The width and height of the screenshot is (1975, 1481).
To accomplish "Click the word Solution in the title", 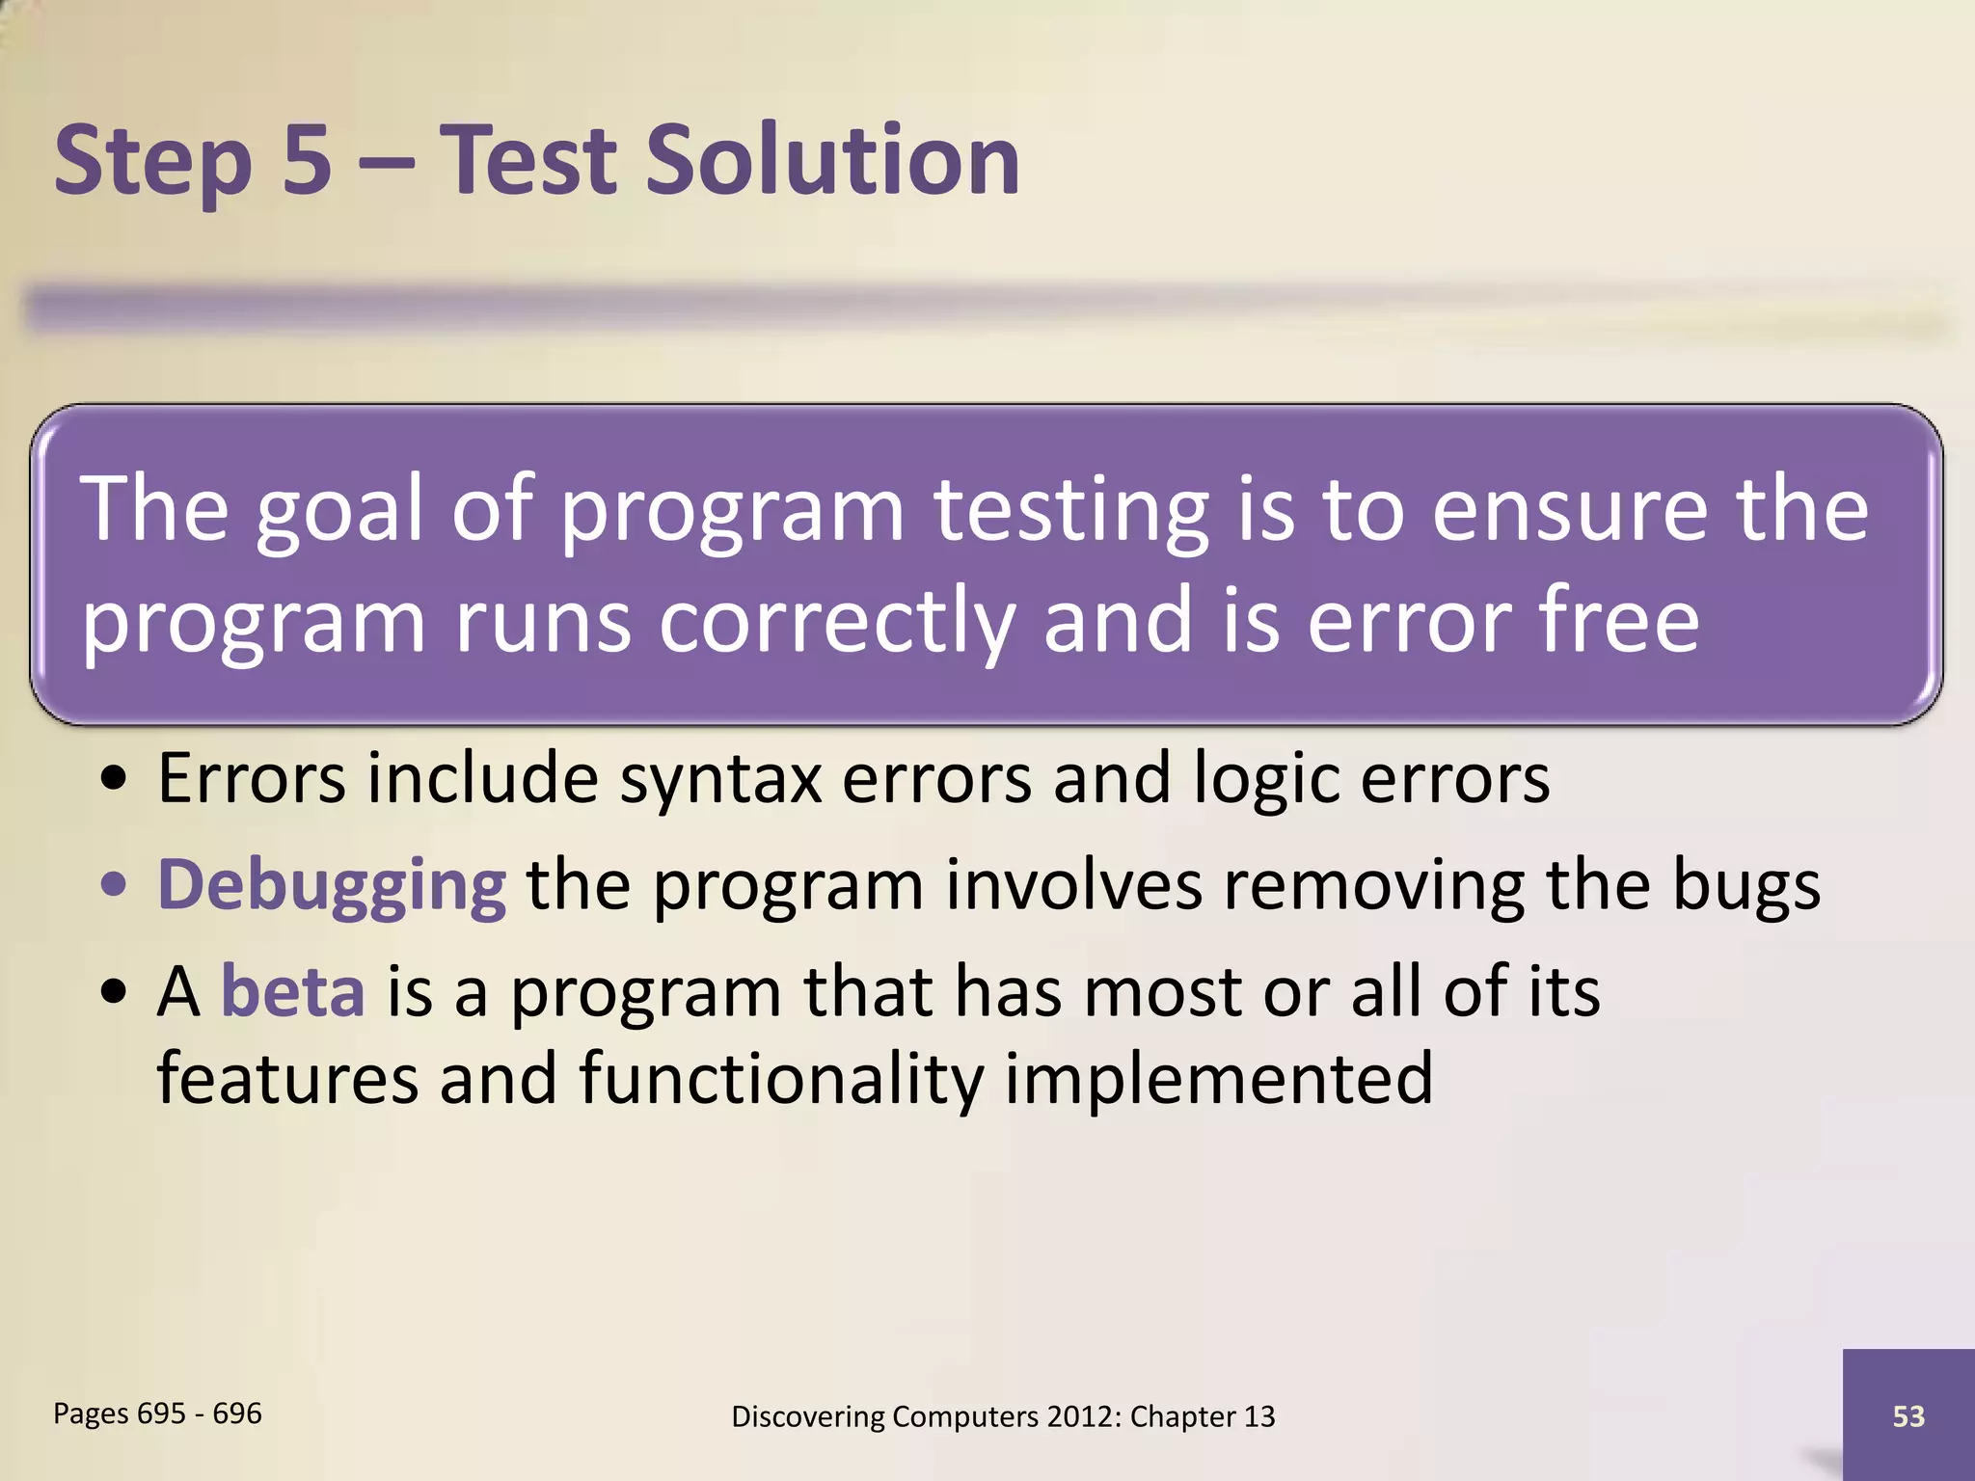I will click(x=831, y=160).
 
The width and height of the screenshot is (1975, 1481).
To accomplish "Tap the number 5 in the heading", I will click(x=307, y=160).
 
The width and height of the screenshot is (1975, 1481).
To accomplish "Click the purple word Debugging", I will click(x=331, y=885).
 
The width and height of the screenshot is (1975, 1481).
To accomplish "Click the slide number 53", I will click(x=1908, y=1416).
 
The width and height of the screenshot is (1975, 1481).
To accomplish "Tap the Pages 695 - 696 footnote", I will click(x=157, y=1414).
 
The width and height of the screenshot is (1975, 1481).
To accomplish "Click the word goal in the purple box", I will click(x=338, y=512).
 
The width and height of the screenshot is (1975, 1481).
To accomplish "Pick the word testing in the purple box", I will click(x=1069, y=512).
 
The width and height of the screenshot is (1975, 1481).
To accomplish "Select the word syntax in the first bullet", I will click(x=719, y=779).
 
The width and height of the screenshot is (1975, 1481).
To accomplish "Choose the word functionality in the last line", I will click(x=781, y=1078).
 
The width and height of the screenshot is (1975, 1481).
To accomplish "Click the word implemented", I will click(x=1219, y=1078).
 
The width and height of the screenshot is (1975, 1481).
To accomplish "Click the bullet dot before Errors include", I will click(x=114, y=779).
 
